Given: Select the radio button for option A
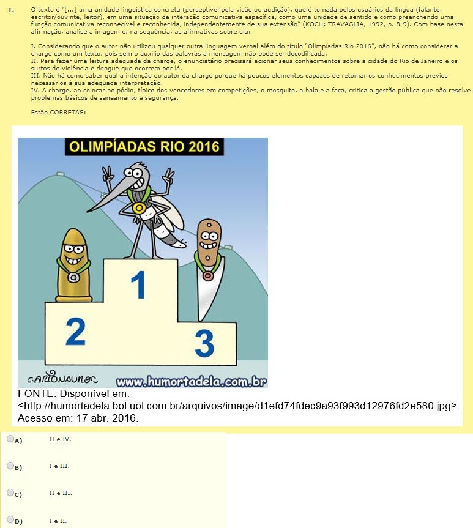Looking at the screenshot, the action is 10,439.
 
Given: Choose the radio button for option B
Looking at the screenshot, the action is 10,466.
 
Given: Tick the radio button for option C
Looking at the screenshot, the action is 10,493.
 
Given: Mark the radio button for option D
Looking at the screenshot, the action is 10,519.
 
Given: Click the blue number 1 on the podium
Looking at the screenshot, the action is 138,285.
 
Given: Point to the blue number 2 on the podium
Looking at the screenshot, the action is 75,332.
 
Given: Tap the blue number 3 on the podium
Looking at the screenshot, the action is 204,343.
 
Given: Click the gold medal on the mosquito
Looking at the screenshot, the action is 138,208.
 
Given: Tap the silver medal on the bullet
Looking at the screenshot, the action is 73,278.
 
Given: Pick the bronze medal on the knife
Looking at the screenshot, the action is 208,276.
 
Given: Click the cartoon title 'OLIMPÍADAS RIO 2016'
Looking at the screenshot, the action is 144,147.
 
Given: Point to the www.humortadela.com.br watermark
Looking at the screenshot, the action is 192,382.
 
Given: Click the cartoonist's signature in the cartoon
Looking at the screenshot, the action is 62,379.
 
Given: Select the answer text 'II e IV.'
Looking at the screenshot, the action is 61,439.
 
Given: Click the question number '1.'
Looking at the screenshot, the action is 11,10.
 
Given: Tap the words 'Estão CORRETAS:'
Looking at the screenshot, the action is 58,113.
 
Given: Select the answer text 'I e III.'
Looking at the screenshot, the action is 59,466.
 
